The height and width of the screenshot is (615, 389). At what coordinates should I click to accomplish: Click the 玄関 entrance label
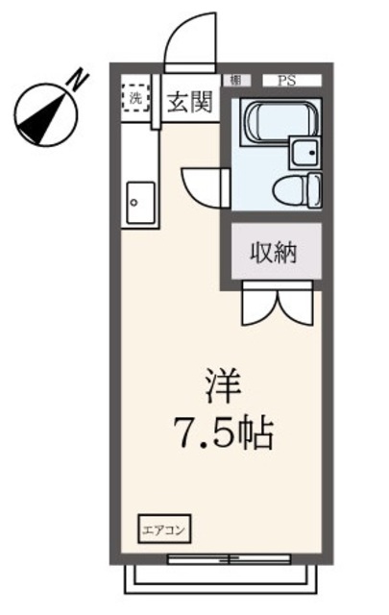(x=189, y=103)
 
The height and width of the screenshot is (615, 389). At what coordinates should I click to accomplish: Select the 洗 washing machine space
(x=136, y=98)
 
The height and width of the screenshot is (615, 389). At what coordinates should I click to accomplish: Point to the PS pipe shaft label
(x=286, y=81)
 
